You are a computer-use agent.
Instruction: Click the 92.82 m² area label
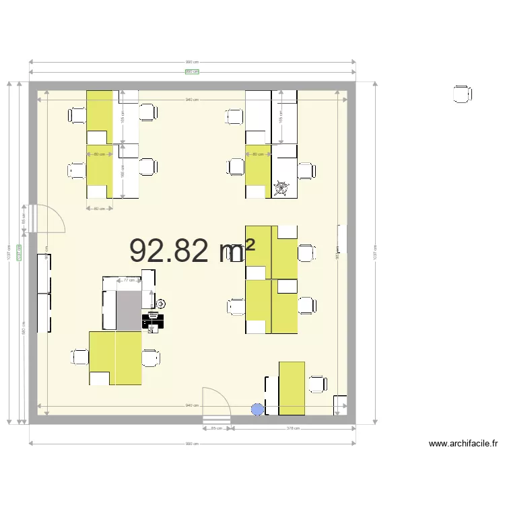point(192,250)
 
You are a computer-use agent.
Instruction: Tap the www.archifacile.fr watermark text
point(464,444)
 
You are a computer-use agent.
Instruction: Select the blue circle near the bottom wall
point(257,409)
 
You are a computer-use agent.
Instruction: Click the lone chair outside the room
point(462,94)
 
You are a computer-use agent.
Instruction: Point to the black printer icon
point(153,321)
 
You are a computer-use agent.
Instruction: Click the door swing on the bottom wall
point(217,403)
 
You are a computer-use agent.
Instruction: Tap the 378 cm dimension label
point(293,428)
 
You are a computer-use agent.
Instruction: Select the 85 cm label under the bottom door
point(217,428)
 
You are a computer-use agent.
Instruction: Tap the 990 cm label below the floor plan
point(192,444)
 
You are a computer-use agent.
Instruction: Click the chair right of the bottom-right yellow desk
point(318,384)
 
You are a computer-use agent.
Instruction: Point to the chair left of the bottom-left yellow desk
point(79,357)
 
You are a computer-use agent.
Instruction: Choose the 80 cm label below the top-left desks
point(100,209)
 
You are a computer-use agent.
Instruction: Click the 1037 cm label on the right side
point(374,255)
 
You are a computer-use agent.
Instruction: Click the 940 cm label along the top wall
point(192,100)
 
